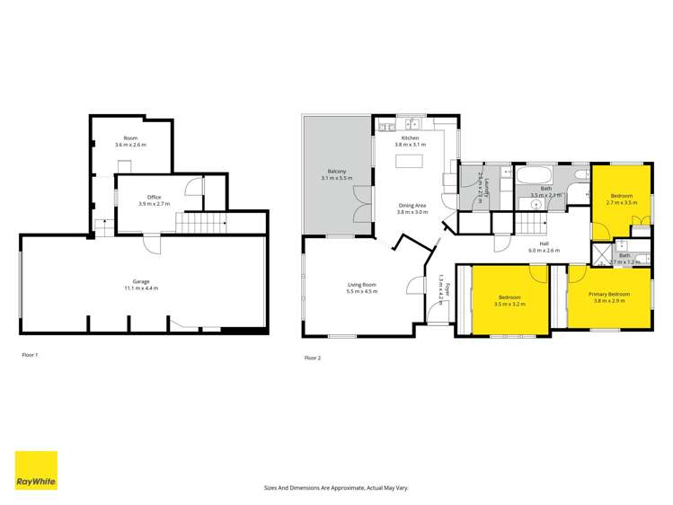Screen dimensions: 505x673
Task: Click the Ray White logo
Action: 36,470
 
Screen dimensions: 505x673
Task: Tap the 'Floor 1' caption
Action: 30,355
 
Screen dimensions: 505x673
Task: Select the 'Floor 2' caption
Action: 313,358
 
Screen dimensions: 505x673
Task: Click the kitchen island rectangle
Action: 412,162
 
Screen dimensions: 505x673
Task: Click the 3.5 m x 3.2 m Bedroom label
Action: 509,299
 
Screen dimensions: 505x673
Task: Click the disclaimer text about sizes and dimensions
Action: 335,488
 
